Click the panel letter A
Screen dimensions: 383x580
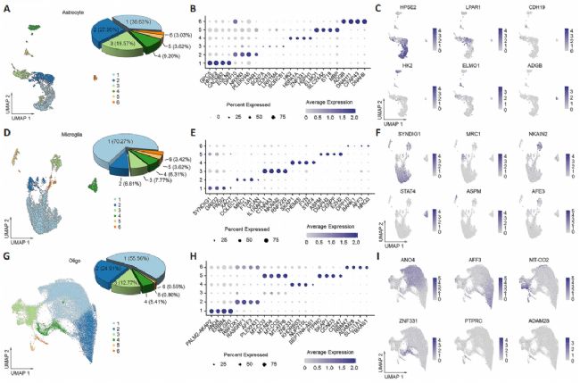tap(5, 8)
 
